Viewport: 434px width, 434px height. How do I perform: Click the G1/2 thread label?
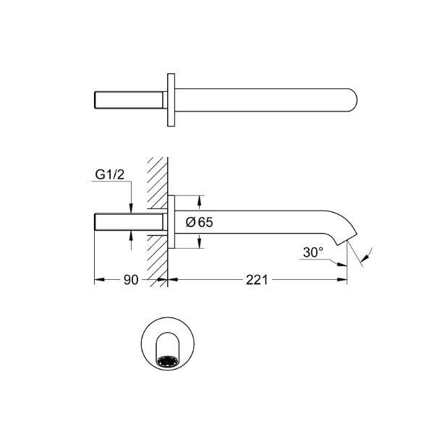pyautogui.click(x=110, y=175)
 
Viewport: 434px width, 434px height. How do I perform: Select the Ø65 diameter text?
pyautogui.click(x=200, y=222)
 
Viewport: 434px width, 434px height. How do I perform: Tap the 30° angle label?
pyautogui.click(x=313, y=252)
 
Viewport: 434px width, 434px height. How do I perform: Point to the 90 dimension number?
pyautogui.click(x=131, y=280)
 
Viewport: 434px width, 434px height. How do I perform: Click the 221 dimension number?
pyautogui.click(x=257, y=280)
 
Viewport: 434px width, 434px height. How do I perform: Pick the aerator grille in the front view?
pyautogui.click(x=168, y=362)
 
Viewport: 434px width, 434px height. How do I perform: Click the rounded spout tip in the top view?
pyautogui.click(x=353, y=101)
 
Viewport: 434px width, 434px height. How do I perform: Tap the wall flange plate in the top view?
pyautogui.click(x=171, y=100)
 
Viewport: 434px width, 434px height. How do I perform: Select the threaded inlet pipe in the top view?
pyautogui.click(x=129, y=100)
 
